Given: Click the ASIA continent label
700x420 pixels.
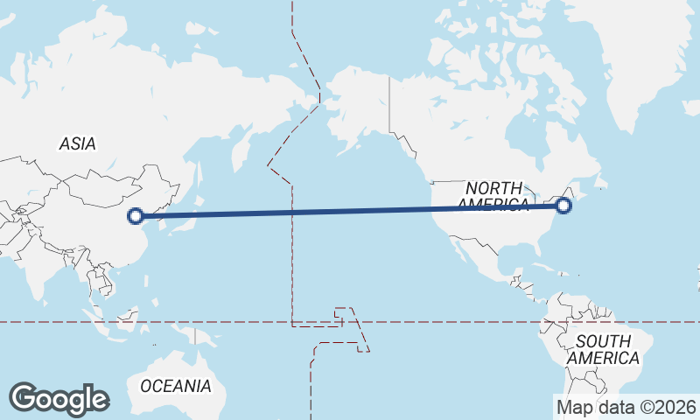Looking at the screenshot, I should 78,144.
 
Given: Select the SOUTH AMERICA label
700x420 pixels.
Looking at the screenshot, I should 603,350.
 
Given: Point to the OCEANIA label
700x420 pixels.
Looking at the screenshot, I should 176,386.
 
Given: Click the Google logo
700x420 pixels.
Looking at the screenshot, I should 59,399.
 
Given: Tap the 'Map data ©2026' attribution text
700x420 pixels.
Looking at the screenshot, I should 626,407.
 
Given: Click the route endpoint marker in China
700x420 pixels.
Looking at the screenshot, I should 136,215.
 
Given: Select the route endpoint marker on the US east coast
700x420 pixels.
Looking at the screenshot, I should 563,206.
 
